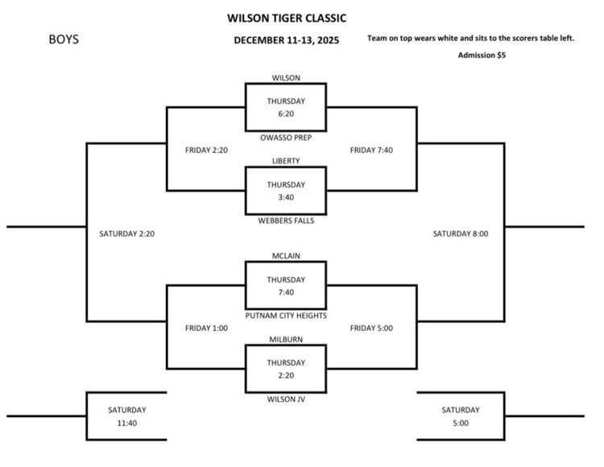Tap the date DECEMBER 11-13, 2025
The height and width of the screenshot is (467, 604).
(286, 41)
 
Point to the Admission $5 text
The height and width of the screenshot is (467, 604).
(482, 56)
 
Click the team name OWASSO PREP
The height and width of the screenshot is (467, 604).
(286, 138)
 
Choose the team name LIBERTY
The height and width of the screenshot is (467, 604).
(286, 160)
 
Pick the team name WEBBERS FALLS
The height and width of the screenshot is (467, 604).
(286, 221)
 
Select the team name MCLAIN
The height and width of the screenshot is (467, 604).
(286, 256)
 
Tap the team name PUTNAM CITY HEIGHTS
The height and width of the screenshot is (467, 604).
(286, 316)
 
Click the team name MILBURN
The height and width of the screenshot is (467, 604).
(286, 339)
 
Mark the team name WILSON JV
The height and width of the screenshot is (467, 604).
(286, 399)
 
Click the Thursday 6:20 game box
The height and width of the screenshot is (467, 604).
(286, 108)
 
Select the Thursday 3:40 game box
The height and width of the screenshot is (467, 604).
(286, 190)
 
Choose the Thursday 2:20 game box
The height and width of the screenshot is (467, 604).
(286, 369)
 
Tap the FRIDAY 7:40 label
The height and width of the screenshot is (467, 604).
(371, 150)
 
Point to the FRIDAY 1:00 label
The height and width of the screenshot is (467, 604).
(206, 329)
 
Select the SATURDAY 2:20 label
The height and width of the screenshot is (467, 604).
(126, 234)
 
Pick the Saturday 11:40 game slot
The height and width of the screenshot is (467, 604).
(126, 416)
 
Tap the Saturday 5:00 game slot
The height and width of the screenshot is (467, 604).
(460, 416)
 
